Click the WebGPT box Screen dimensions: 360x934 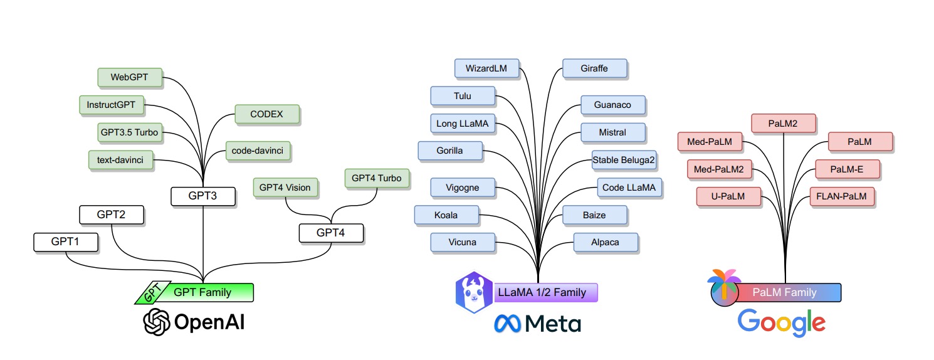point(130,77)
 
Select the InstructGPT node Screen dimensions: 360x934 point(111,105)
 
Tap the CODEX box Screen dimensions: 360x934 point(266,114)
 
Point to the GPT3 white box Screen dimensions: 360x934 point(202,196)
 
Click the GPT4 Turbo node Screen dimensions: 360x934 point(376,178)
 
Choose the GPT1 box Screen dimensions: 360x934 point(65,241)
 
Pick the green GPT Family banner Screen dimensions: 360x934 point(202,292)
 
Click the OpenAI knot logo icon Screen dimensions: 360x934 point(157,322)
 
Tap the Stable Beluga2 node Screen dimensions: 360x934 point(624,161)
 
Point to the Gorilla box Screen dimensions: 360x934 point(449,151)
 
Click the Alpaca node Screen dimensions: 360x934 point(605,242)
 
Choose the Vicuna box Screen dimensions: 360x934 point(463,242)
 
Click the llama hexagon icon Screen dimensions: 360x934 point(474,292)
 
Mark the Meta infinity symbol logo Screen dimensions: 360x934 point(506,323)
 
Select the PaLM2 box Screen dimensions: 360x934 point(783,124)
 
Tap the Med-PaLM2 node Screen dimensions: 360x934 point(719,169)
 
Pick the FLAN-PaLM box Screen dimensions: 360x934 point(841,196)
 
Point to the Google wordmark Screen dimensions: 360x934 point(781,322)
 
